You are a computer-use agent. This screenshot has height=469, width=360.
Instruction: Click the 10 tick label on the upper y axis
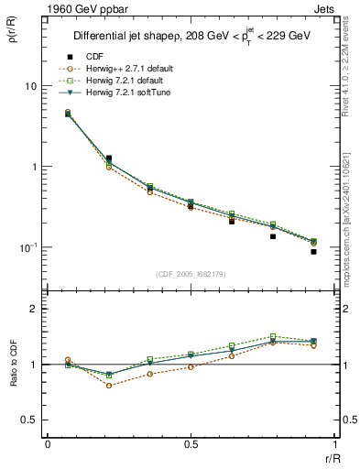[31, 86]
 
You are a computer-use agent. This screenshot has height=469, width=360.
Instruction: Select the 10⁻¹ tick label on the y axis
[28, 247]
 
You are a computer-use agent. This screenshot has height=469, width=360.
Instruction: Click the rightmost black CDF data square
[313, 252]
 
